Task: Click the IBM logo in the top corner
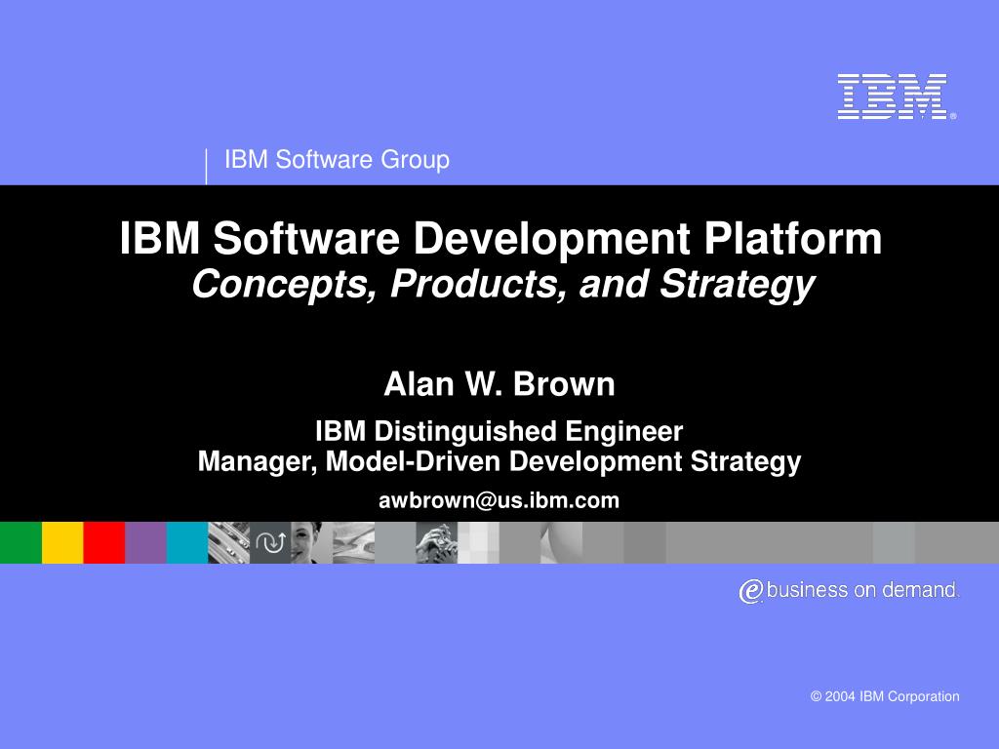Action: [x=893, y=98]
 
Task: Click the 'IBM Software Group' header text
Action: [x=337, y=160]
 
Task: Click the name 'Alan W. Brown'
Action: [x=499, y=385]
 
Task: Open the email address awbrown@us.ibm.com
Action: [x=499, y=501]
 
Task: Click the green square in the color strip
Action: [x=20, y=543]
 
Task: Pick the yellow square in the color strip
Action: [x=62, y=543]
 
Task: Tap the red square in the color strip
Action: [x=103, y=543]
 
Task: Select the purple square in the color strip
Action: [x=145, y=543]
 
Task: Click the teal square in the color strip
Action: [x=186, y=543]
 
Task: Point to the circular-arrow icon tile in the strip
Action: [x=270, y=543]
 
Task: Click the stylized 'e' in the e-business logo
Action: [x=750, y=591]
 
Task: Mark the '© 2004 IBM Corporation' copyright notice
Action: [x=885, y=696]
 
